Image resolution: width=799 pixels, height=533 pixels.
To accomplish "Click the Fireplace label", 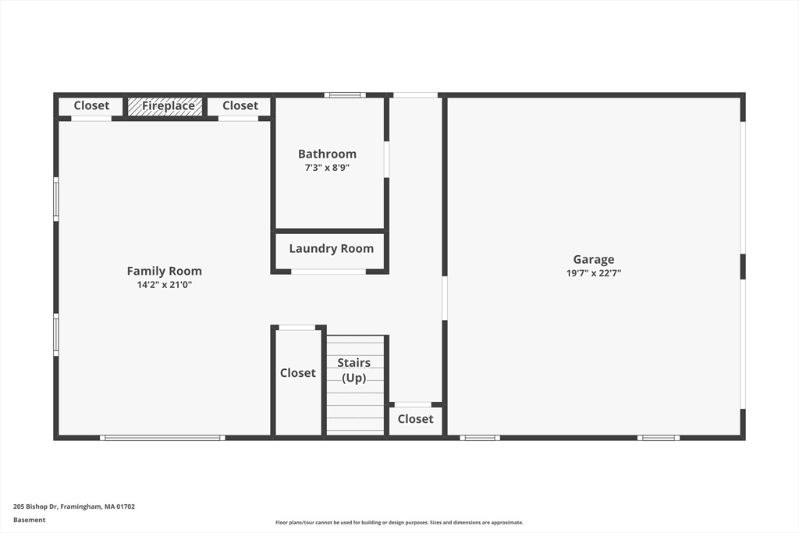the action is coord(169,105).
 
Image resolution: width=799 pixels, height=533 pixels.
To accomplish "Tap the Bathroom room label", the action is coord(327,154).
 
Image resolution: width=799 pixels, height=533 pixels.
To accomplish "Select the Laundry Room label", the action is coord(331,249).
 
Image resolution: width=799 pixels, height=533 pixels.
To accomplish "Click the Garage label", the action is coord(594,259).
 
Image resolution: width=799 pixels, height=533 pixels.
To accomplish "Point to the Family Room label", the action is coord(164,271).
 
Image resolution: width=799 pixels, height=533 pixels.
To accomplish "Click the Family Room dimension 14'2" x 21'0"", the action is coord(164,285).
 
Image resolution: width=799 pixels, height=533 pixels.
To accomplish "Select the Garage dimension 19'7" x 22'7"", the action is coord(594,273).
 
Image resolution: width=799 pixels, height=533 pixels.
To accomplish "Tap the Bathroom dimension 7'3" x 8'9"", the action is coord(327,168).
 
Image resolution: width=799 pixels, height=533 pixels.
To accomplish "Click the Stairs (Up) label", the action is coord(353,371).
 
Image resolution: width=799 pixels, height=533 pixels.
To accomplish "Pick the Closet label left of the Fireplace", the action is coord(92,105).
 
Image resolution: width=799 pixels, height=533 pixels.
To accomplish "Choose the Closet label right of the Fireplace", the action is coord(240,105).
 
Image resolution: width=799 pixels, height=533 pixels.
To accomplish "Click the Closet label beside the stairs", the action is coord(297,373).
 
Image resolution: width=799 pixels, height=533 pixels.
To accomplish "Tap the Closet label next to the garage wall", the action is coord(415,419).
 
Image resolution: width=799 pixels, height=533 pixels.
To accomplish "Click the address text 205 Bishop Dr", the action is coord(37,506).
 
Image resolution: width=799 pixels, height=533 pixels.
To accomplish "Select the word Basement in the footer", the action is coord(29,520).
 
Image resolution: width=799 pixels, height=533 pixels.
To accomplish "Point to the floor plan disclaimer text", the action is coord(399,522).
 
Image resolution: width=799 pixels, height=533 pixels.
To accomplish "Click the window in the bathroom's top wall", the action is coord(345,94).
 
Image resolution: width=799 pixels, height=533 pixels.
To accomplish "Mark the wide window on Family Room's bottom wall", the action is coord(162,438).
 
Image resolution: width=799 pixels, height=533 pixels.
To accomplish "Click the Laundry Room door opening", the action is coord(328,272).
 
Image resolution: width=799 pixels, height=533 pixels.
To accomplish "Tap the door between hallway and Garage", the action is coord(444,298).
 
